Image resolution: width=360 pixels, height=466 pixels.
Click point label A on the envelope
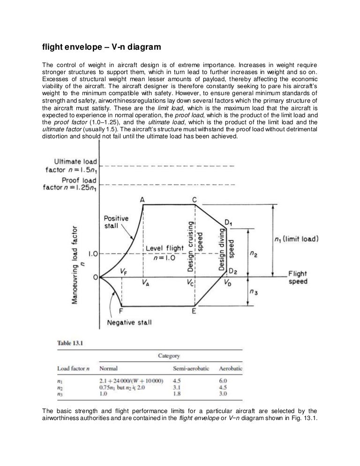tap(142, 200)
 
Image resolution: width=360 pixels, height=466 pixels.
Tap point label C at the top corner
tap(195, 200)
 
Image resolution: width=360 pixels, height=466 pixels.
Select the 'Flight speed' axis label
tap(298, 277)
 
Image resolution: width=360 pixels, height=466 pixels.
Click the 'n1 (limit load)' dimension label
tap(296, 239)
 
